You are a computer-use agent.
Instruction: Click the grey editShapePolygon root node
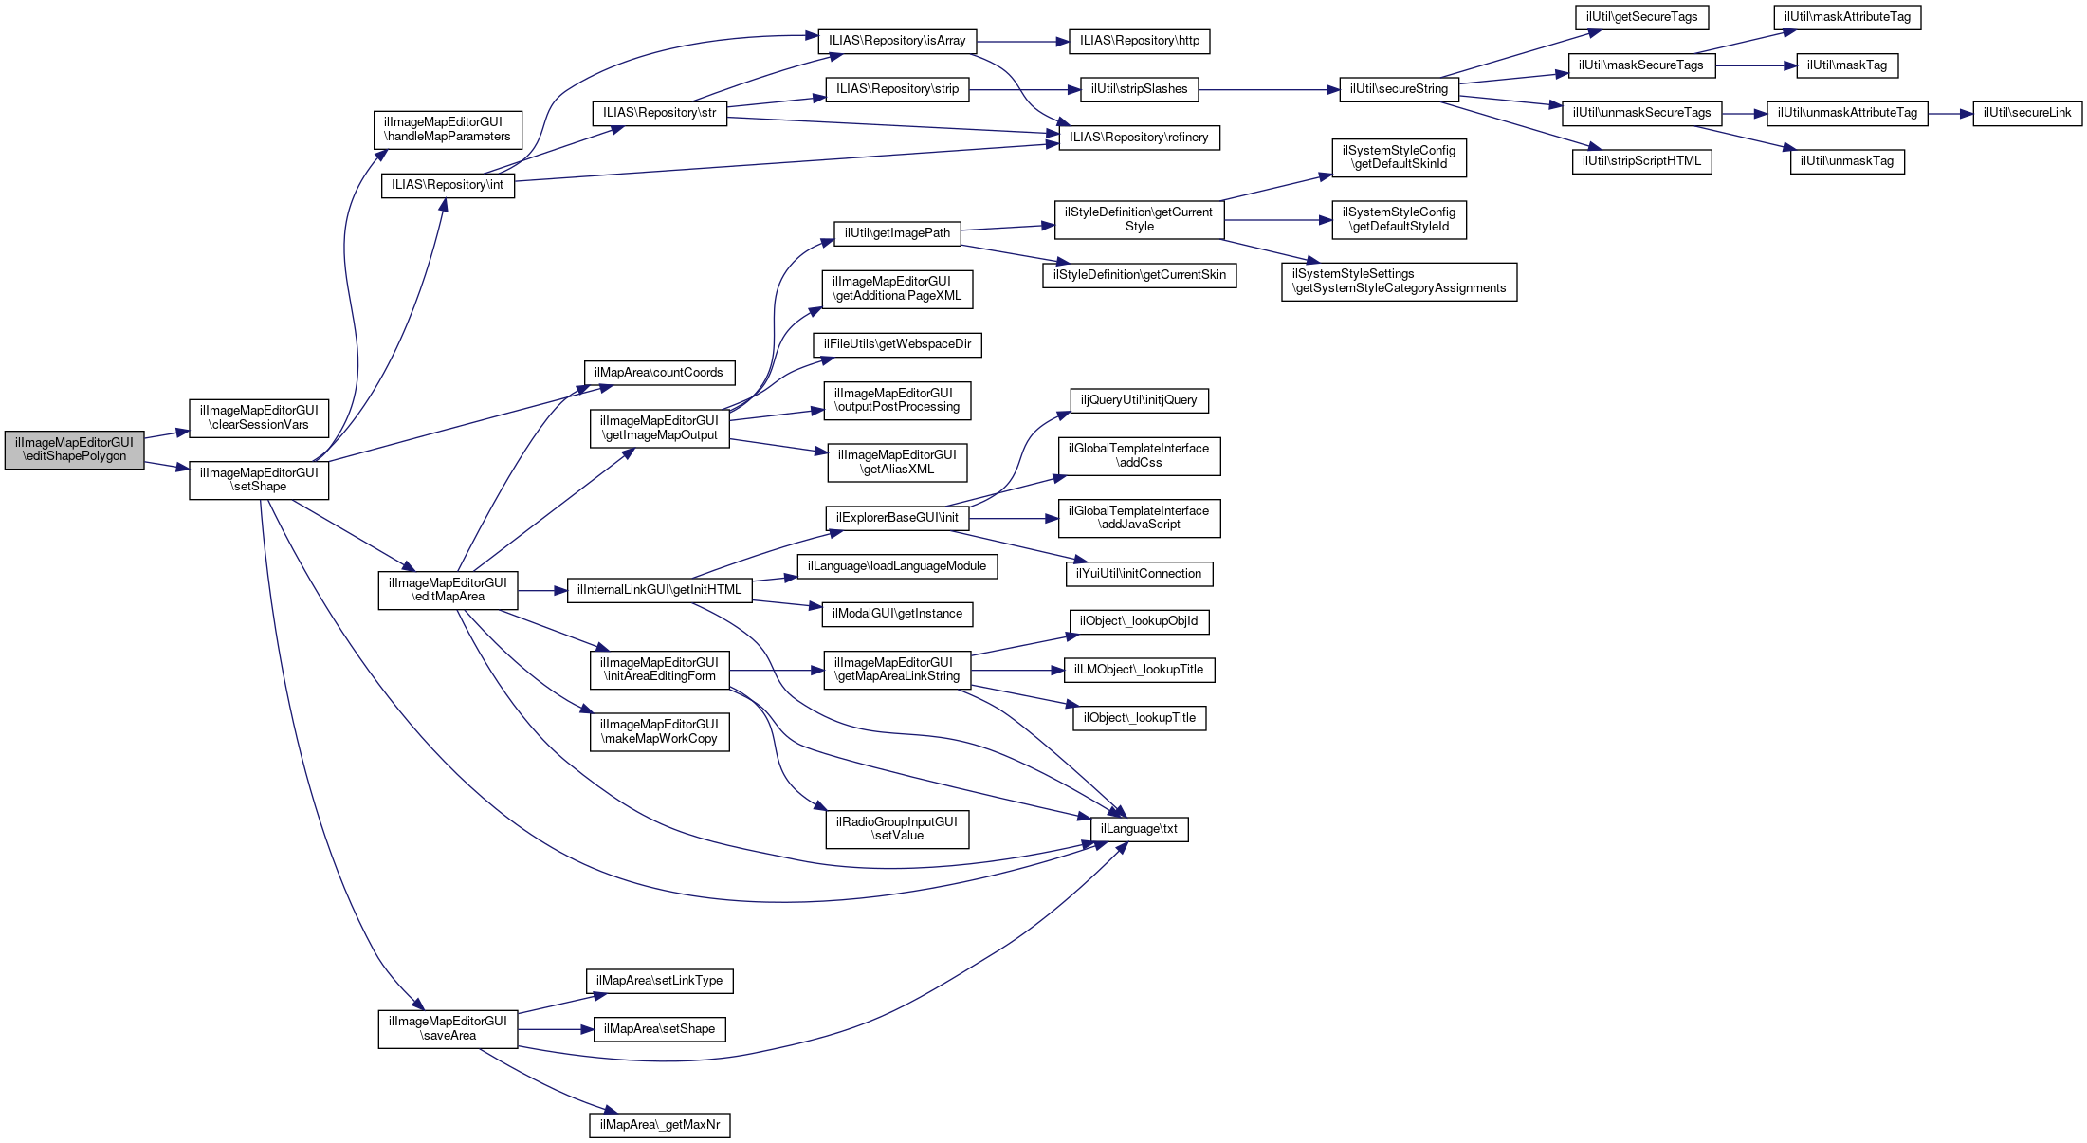point(74,450)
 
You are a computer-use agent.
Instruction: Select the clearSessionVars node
point(259,418)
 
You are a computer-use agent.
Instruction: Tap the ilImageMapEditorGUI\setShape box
point(259,480)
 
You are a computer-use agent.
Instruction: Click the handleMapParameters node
point(447,130)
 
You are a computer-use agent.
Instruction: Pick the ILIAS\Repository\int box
point(448,185)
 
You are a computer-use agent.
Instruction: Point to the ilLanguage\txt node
point(1139,829)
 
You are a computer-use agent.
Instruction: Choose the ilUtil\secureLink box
point(2027,113)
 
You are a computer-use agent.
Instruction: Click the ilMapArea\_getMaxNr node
point(660,1125)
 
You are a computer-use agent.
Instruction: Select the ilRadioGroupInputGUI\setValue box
point(897,829)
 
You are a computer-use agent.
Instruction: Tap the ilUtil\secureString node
point(1399,89)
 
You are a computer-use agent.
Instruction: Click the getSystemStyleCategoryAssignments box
point(1399,282)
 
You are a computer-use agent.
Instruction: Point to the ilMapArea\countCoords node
point(659,373)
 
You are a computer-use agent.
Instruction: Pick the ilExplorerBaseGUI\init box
point(897,518)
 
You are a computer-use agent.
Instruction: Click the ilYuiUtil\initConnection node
point(1139,574)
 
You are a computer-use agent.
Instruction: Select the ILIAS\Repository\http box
point(1139,41)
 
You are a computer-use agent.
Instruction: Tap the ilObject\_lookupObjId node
point(1139,621)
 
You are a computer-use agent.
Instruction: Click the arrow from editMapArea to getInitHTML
point(542,591)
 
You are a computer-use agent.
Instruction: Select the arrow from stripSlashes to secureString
point(1269,90)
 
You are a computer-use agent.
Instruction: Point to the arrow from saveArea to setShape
point(556,1029)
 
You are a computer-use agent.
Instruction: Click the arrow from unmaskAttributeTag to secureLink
point(1950,114)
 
